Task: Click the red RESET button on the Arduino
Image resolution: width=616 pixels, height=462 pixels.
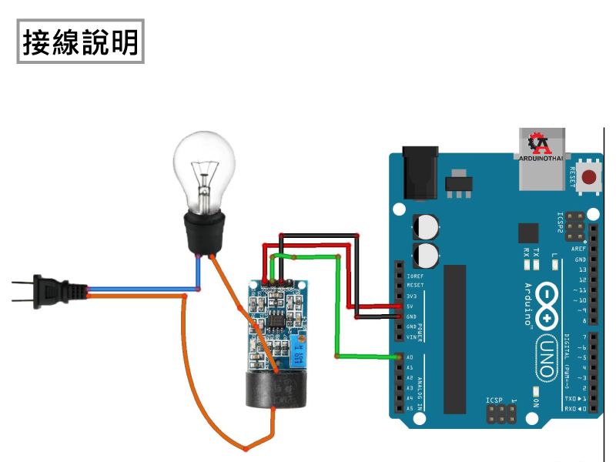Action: pos(590,178)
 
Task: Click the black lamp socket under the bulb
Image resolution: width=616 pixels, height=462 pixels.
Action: pos(202,231)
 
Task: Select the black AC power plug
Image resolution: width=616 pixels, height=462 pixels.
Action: pos(58,290)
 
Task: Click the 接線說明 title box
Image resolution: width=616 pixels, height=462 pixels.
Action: pos(81,42)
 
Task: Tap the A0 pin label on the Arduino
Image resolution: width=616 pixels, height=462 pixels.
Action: pos(410,357)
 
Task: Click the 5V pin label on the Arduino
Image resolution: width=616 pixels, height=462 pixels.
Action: pos(410,306)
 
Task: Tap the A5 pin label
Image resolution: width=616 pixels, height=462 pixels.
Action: pos(410,407)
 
